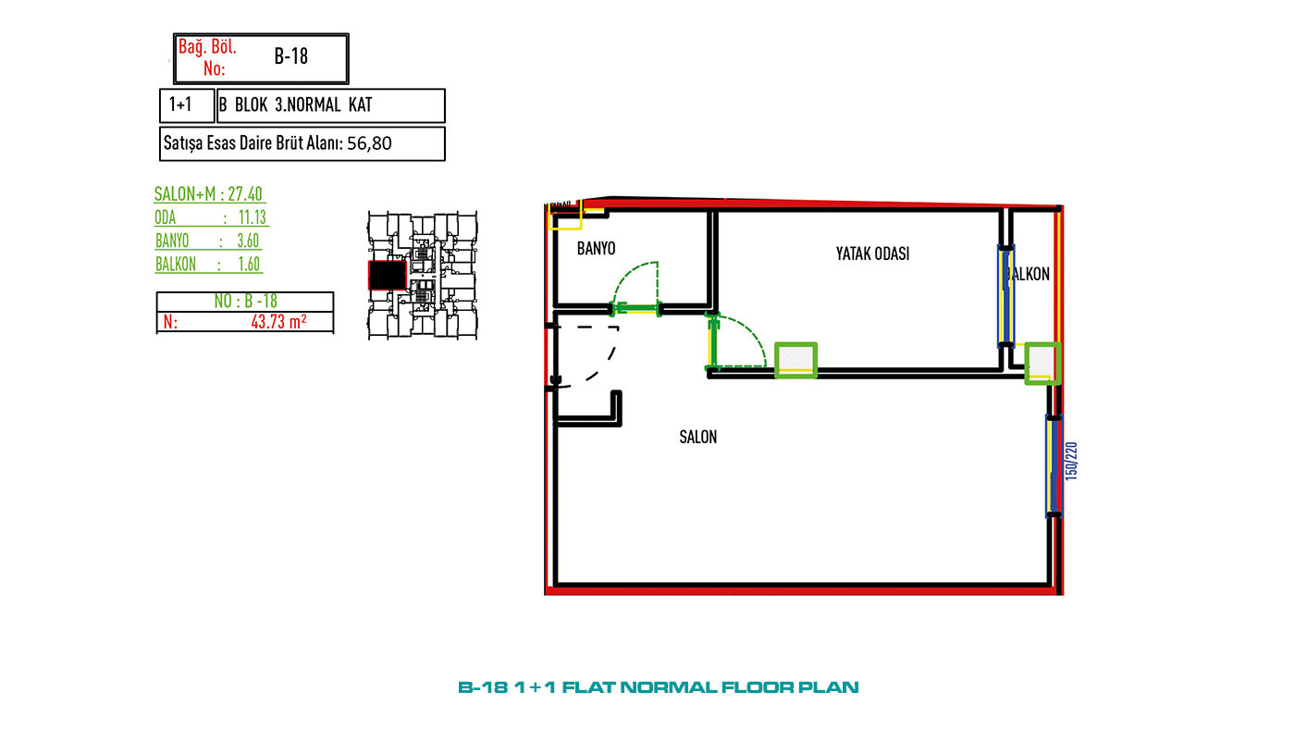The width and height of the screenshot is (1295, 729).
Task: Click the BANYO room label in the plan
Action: (596, 249)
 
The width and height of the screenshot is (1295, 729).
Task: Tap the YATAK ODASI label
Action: (872, 253)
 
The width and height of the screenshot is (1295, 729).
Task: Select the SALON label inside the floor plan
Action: (697, 437)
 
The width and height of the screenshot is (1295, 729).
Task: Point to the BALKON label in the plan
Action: (1029, 274)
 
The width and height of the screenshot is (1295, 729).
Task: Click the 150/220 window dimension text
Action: (1071, 461)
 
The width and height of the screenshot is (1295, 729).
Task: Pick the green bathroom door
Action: (636, 308)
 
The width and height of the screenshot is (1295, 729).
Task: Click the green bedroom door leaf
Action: (712, 341)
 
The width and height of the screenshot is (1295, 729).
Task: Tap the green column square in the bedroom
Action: (795, 360)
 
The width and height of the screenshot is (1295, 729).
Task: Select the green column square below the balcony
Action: (1042, 364)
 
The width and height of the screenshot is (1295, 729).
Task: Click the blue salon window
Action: (1054, 466)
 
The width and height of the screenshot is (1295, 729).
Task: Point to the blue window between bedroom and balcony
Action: (1006, 296)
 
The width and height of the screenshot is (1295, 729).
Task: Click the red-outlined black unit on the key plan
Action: (388, 275)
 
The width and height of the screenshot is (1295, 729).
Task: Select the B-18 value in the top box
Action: (290, 56)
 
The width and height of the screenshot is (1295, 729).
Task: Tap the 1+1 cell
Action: (179, 105)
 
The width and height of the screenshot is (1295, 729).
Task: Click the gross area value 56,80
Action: (369, 143)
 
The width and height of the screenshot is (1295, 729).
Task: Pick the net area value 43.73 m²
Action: (278, 321)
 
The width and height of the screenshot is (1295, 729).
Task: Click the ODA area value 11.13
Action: (252, 217)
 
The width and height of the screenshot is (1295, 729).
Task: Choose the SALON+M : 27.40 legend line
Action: (208, 193)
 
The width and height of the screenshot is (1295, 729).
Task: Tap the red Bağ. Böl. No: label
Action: (207, 57)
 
